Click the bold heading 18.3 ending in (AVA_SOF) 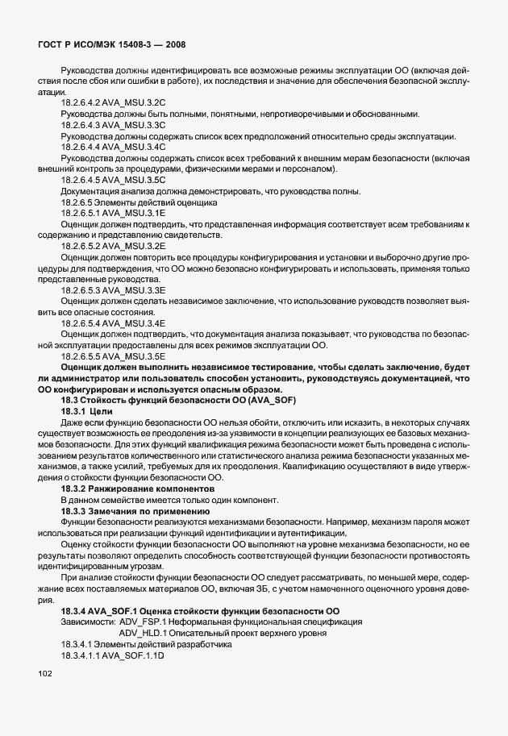click(177, 399)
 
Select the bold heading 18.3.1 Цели click(88, 410)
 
